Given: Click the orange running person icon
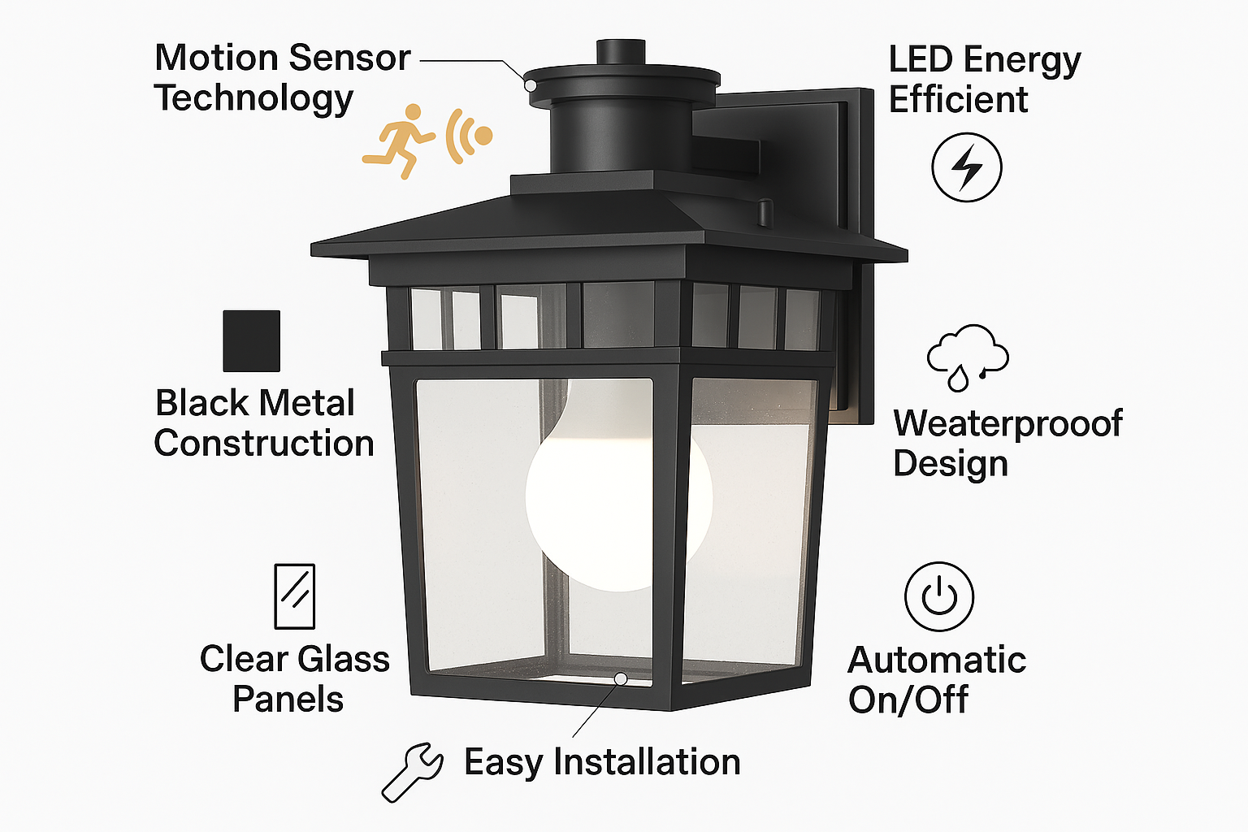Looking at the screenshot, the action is (x=398, y=141).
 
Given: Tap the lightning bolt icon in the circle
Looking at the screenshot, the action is (x=967, y=167).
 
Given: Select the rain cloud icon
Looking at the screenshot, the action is (x=968, y=357).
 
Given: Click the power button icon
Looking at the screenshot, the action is (x=939, y=596).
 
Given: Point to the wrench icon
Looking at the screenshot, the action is (x=413, y=772).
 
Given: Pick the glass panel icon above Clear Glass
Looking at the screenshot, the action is (x=295, y=596).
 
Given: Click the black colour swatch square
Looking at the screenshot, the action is (x=251, y=341).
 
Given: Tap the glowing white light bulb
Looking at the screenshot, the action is (x=618, y=491).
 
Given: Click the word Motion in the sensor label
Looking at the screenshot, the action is (x=216, y=58).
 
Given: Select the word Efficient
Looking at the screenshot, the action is (x=958, y=100).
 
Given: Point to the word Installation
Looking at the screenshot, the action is (x=647, y=762).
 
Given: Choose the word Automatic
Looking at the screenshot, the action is (x=937, y=661).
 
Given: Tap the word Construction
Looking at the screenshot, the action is (x=263, y=444).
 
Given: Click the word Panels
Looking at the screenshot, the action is (x=288, y=700).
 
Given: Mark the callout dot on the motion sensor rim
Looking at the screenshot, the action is (x=531, y=85).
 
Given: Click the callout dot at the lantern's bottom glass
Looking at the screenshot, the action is (x=621, y=678).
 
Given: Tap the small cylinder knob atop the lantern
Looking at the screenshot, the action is (x=621, y=52).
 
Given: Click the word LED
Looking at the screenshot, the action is (x=921, y=59).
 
